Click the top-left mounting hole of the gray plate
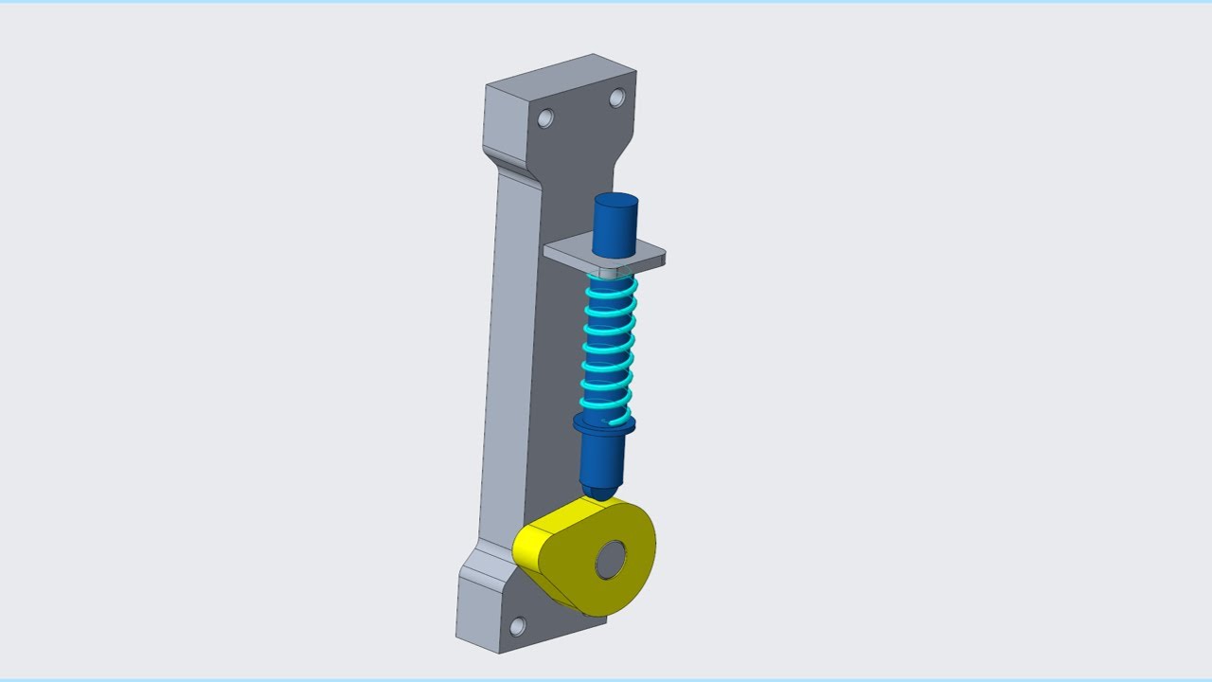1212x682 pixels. tap(545, 117)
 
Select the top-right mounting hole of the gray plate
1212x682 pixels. tap(616, 97)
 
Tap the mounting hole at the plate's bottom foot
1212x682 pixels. tap(517, 626)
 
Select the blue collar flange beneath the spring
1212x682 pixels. tap(603, 424)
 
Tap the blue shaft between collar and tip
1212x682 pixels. tap(601, 459)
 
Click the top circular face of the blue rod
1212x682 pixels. tap(615, 201)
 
